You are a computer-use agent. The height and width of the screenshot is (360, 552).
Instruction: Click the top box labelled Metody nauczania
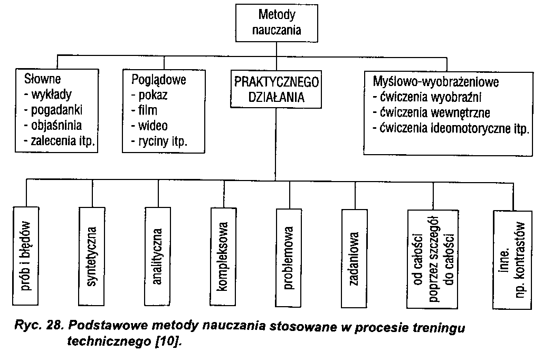[277, 22]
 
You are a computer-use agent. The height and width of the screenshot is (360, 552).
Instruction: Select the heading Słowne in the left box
[43, 80]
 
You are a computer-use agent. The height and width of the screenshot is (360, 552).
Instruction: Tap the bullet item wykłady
[51, 95]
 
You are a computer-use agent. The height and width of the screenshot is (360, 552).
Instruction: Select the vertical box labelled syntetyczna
[92, 256]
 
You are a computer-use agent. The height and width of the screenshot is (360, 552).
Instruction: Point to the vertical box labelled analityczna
[158, 256]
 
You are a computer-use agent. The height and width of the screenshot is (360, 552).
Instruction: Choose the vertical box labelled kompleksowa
[223, 256]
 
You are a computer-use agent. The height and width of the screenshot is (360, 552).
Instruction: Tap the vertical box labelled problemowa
[289, 256]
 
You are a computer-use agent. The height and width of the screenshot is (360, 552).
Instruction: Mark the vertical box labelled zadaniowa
[355, 256]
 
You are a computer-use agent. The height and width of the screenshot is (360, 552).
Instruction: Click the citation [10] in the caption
[165, 342]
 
